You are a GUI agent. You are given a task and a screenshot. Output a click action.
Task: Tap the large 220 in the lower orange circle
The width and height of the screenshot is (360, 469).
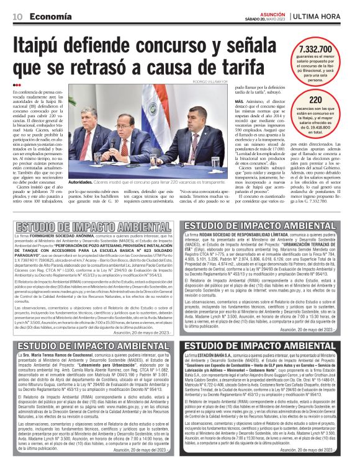(316, 99)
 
